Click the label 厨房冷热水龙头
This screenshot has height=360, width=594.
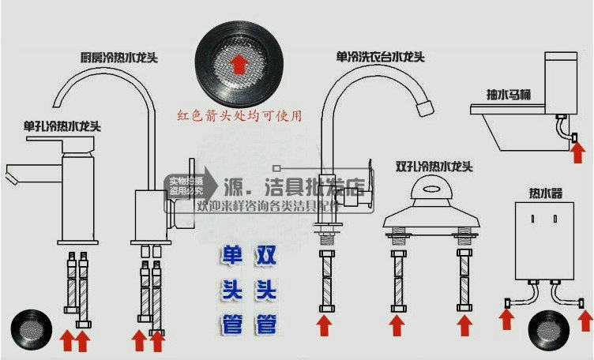(x=115, y=58)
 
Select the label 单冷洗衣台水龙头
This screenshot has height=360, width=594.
(x=381, y=58)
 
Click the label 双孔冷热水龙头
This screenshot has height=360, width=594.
(x=434, y=167)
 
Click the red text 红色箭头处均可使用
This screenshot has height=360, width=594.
(x=240, y=115)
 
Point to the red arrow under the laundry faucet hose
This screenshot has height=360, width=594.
(x=323, y=325)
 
